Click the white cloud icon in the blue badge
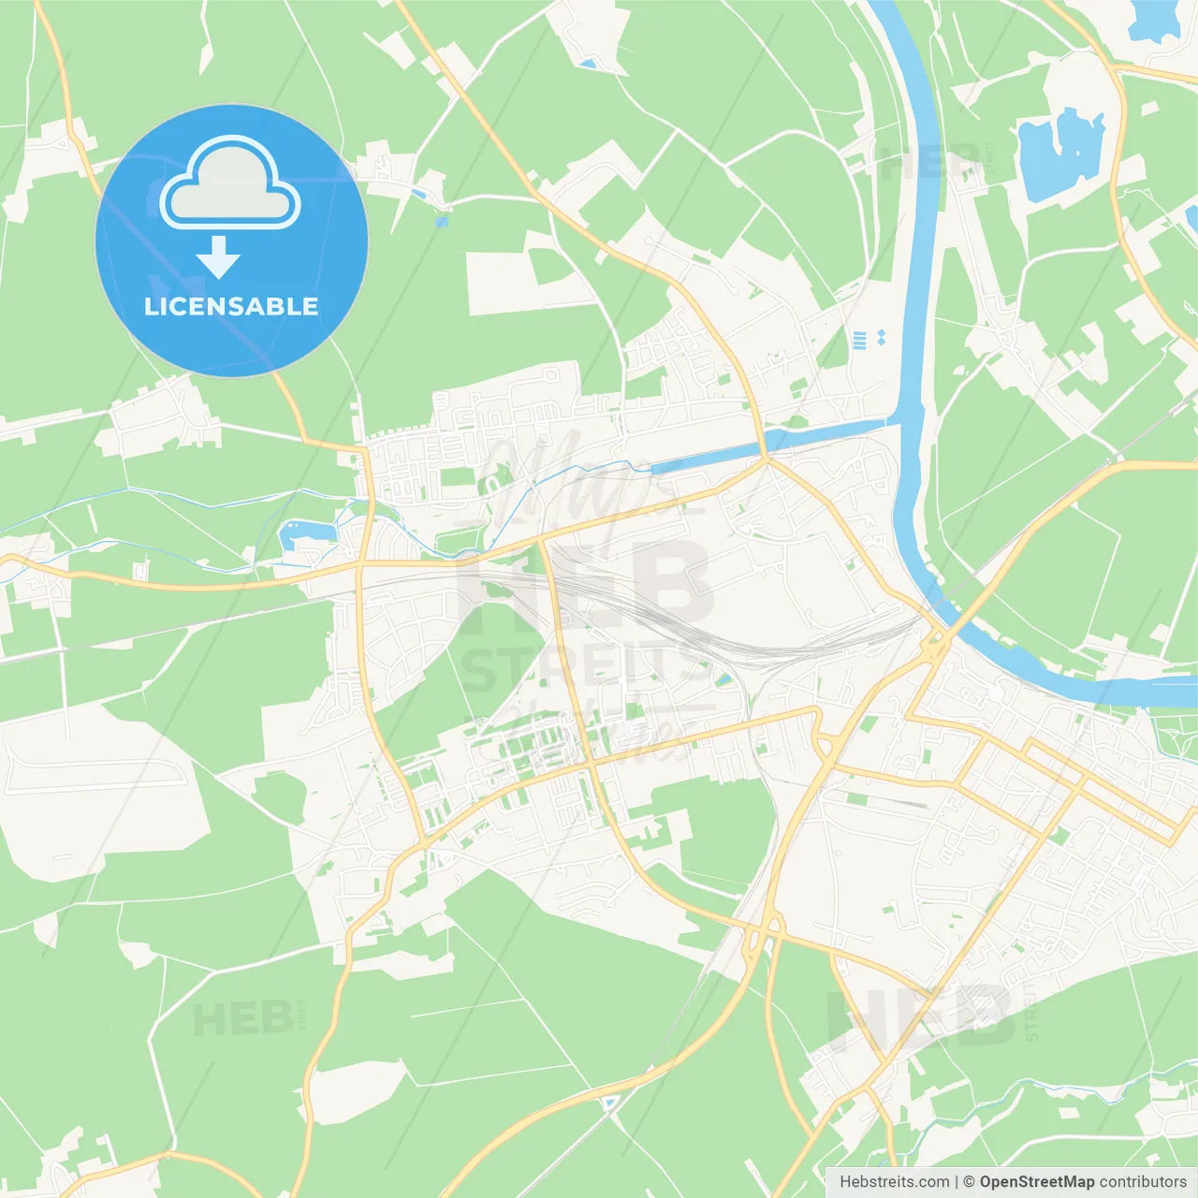(230, 183)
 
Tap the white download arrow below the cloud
(218, 256)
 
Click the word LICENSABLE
(231, 306)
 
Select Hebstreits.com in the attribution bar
(894, 1182)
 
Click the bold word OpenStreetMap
(1036, 1182)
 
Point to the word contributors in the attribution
(1143, 1182)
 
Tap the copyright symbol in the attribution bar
(969, 1182)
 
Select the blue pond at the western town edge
(304, 534)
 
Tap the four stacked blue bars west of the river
(860, 339)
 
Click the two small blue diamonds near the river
(881, 337)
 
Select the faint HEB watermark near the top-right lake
(931, 164)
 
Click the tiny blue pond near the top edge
(587, 64)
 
